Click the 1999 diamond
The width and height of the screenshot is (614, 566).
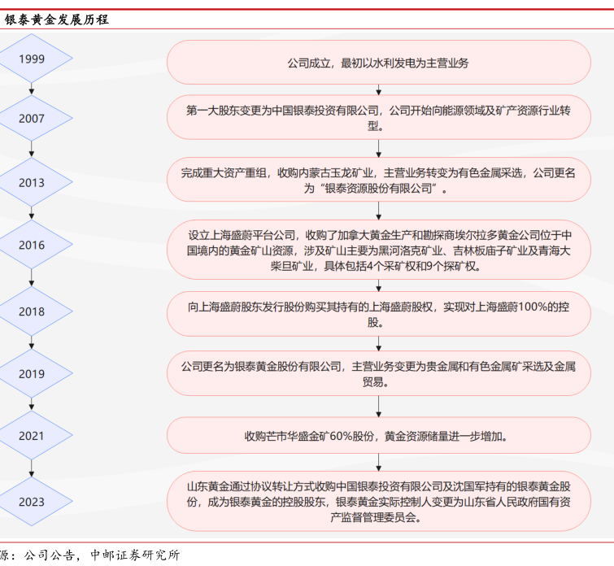tap(32, 58)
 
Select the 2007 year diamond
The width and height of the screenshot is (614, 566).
tap(32, 118)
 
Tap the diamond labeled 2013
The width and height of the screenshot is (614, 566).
tap(32, 182)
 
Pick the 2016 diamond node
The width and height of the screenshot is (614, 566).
tap(32, 245)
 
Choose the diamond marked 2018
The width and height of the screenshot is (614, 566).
tap(32, 311)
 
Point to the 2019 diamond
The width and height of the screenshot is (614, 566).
tap(32, 373)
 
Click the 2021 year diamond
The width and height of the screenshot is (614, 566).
tap(32, 435)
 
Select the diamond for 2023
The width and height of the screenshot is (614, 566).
tap(32, 502)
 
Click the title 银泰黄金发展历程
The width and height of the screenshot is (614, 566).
tap(56, 20)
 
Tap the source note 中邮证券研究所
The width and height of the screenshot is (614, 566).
tap(135, 555)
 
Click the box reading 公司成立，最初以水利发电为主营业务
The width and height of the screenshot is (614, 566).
tap(379, 63)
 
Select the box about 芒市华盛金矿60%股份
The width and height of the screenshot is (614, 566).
tap(379, 435)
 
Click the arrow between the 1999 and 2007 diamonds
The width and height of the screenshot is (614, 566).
tap(32, 89)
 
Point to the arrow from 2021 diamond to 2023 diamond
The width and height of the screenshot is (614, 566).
tap(32, 468)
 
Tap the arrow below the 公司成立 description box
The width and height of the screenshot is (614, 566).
tap(378, 89)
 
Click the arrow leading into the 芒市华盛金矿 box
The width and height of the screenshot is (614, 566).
tap(378, 406)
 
